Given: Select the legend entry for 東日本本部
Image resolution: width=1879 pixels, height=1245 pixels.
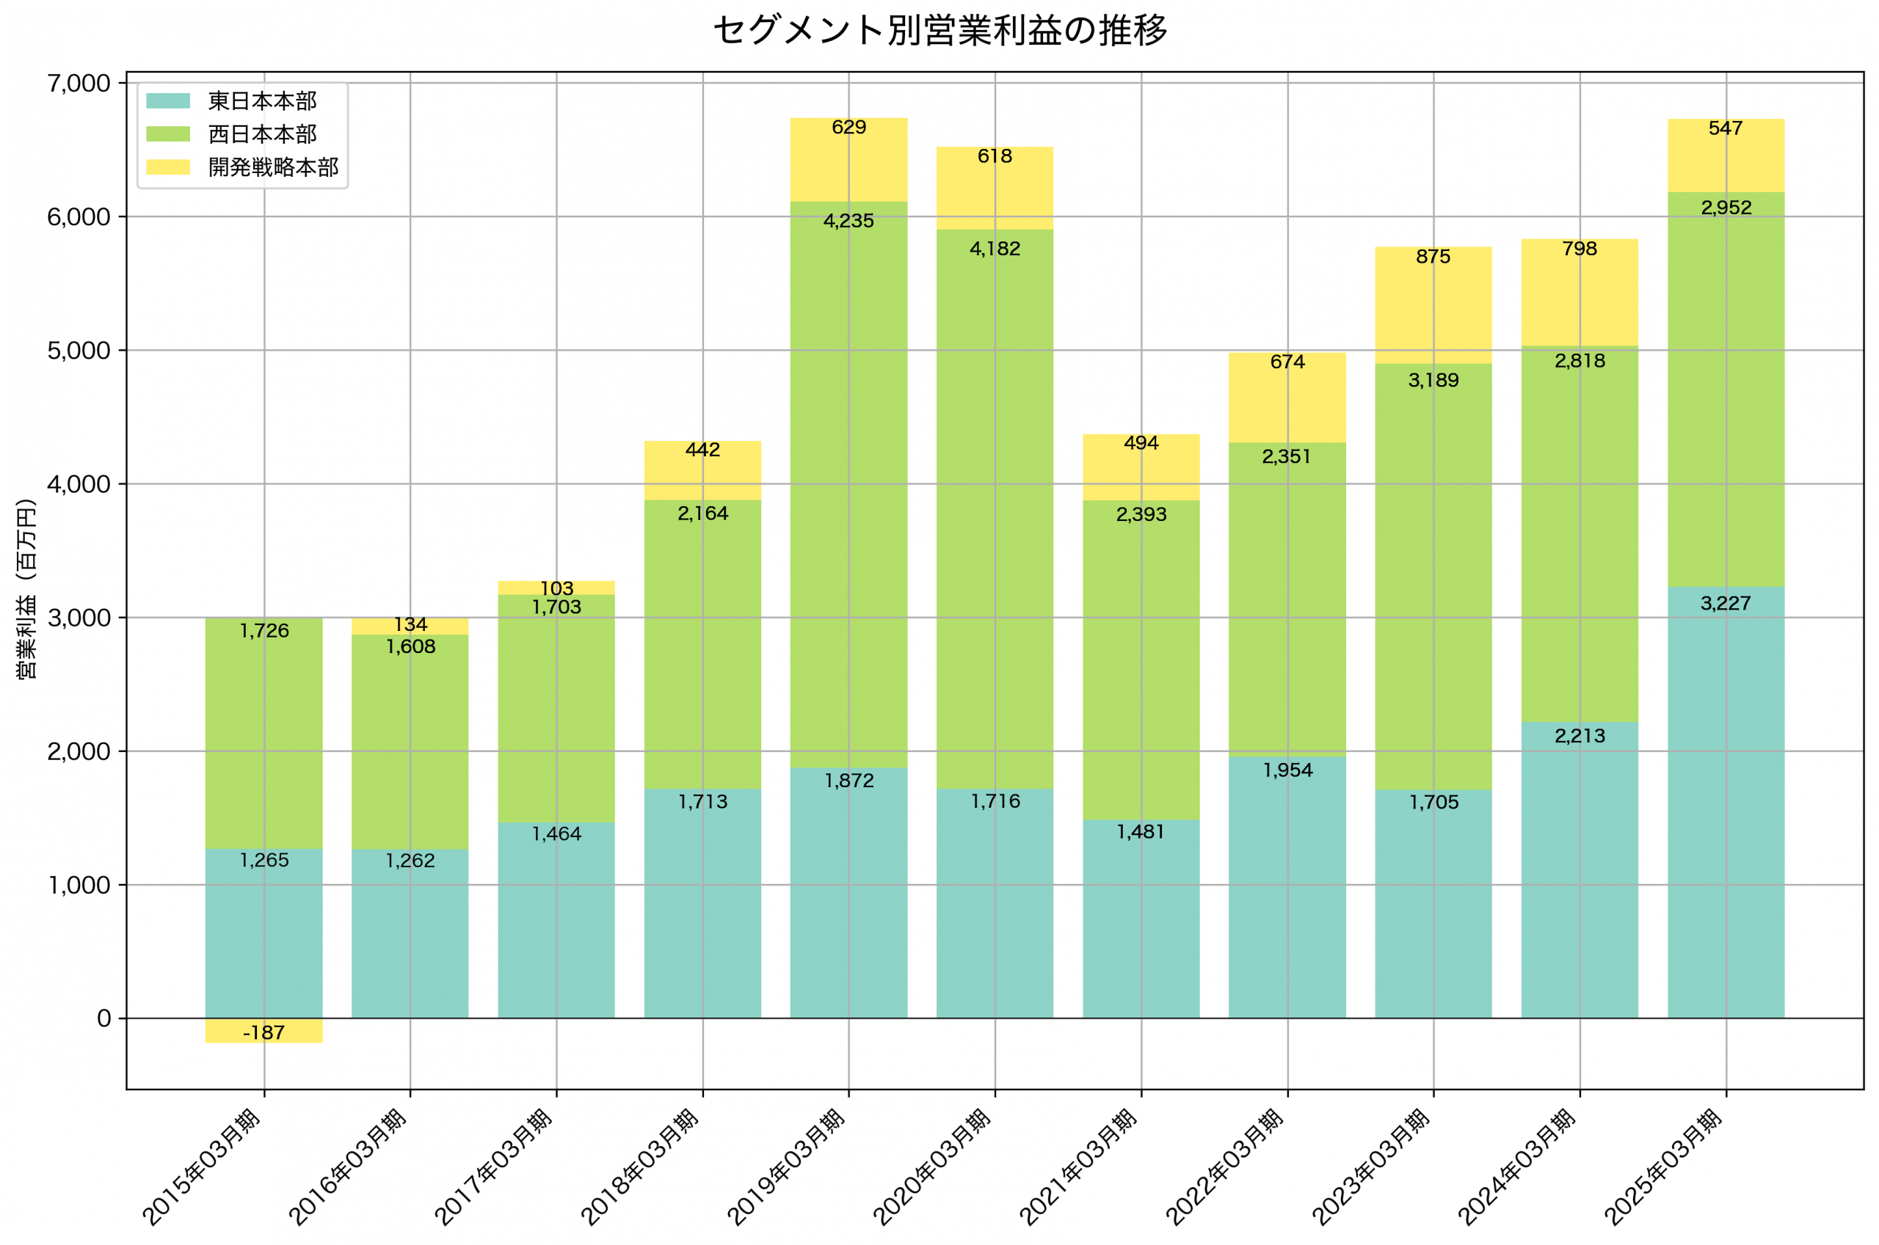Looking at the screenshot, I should tap(261, 101).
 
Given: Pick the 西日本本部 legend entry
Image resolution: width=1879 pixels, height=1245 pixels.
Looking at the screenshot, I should tap(261, 134).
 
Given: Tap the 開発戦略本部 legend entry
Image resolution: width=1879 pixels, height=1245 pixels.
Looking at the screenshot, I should tap(272, 167).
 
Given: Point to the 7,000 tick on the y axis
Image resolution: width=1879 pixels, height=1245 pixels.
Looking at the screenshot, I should tap(79, 84).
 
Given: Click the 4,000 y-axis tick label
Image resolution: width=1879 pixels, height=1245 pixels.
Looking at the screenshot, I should tap(79, 484).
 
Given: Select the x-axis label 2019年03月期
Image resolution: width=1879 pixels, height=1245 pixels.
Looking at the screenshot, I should tap(786, 1167).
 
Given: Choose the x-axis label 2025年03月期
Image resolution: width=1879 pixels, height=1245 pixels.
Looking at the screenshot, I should tap(1663, 1167).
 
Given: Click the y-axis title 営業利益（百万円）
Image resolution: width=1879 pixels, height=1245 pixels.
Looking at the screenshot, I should tap(26, 588).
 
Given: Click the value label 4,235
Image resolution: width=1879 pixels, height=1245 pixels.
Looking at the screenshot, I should tap(848, 222).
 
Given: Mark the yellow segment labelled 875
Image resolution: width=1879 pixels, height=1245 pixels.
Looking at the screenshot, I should tap(1433, 306).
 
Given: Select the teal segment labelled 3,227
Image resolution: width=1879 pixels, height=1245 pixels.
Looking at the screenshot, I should tap(1725, 802).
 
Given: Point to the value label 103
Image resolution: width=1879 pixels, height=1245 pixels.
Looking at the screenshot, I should tap(556, 588).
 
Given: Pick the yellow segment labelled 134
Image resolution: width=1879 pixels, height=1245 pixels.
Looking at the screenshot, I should tap(410, 627).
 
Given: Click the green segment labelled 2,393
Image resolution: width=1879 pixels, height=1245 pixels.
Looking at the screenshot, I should tap(1141, 659).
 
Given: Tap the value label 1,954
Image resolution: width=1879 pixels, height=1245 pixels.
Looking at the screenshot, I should tap(1287, 770).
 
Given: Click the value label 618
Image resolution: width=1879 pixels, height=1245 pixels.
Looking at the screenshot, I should tap(995, 156).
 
